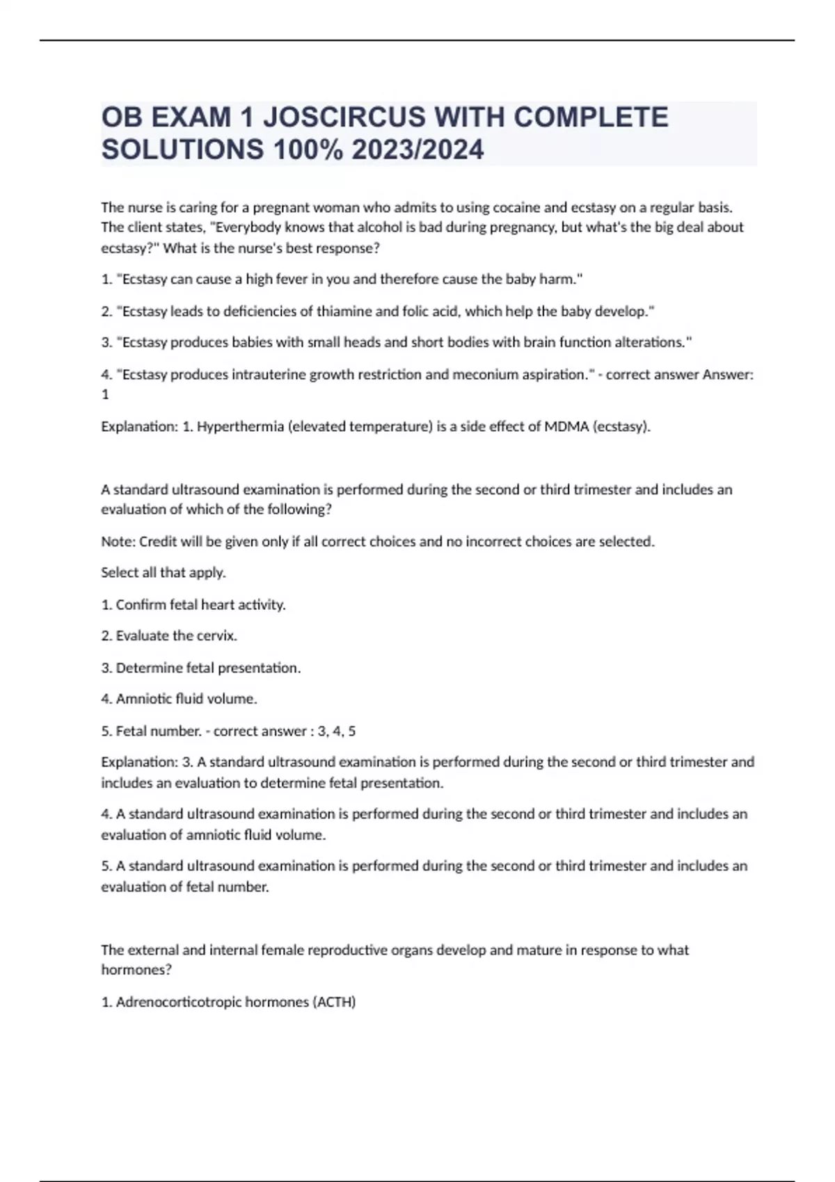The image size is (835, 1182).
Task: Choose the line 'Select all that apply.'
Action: click(x=164, y=573)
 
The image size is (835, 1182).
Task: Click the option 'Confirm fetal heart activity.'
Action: click(x=200, y=605)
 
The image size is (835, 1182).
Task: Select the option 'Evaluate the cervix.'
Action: click(x=176, y=635)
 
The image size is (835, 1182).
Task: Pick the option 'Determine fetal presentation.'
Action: click(x=208, y=668)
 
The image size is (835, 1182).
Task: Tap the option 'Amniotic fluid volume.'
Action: click(x=186, y=699)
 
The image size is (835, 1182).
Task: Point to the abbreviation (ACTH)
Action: click(x=334, y=1002)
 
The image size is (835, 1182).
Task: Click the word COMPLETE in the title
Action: click(x=591, y=117)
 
